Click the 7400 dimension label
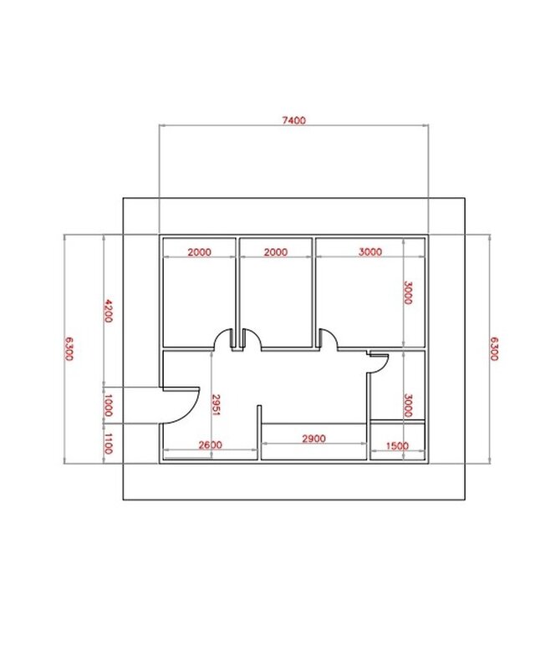pyautogui.click(x=293, y=120)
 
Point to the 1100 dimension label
pyautogui.click(x=107, y=442)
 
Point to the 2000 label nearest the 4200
pyautogui.click(x=198, y=251)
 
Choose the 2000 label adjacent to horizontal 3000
pyautogui.click(x=277, y=251)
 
